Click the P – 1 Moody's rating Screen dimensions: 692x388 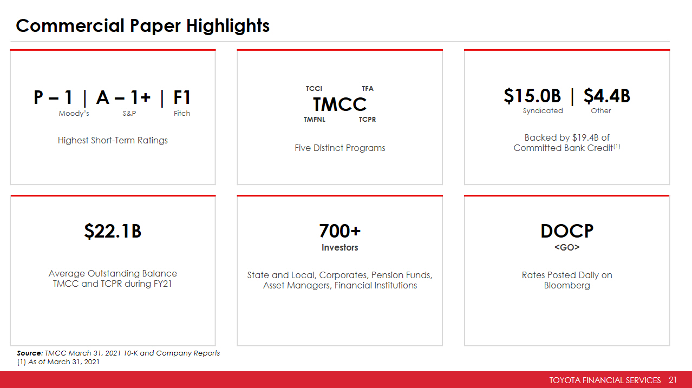pyautogui.click(x=53, y=97)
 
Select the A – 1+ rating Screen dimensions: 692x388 pyautogui.click(x=123, y=97)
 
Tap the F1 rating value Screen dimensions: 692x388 pyautogui.click(x=182, y=97)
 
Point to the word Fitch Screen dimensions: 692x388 pyautogui.click(x=181, y=113)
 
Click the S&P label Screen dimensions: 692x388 pyautogui.click(x=129, y=113)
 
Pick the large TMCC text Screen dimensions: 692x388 pyautogui.click(x=340, y=104)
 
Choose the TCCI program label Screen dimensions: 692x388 pyautogui.click(x=314, y=89)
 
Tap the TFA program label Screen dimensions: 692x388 pyautogui.click(x=368, y=89)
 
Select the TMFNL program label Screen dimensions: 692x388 pyautogui.click(x=315, y=120)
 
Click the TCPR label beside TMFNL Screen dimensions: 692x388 pyautogui.click(x=367, y=120)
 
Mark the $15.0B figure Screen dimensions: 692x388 pyautogui.click(x=532, y=96)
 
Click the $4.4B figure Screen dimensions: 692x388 pyautogui.click(x=607, y=96)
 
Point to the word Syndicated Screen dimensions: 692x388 pyautogui.click(x=543, y=110)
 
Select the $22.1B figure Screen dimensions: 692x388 pyautogui.click(x=113, y=231)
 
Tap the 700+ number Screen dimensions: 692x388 pyautogui.click(x=340, y=231)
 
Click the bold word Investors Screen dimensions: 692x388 pyautogui.click(x=340, y=247)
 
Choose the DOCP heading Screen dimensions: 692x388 pyautogui.click(x=567, y=231)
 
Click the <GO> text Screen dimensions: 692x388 pyautogui.click(x=567, y=247)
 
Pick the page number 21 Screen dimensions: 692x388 pyautogui.click(x=673, y=380)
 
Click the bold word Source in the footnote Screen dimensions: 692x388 pyautogui.click(x=30, y=353)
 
